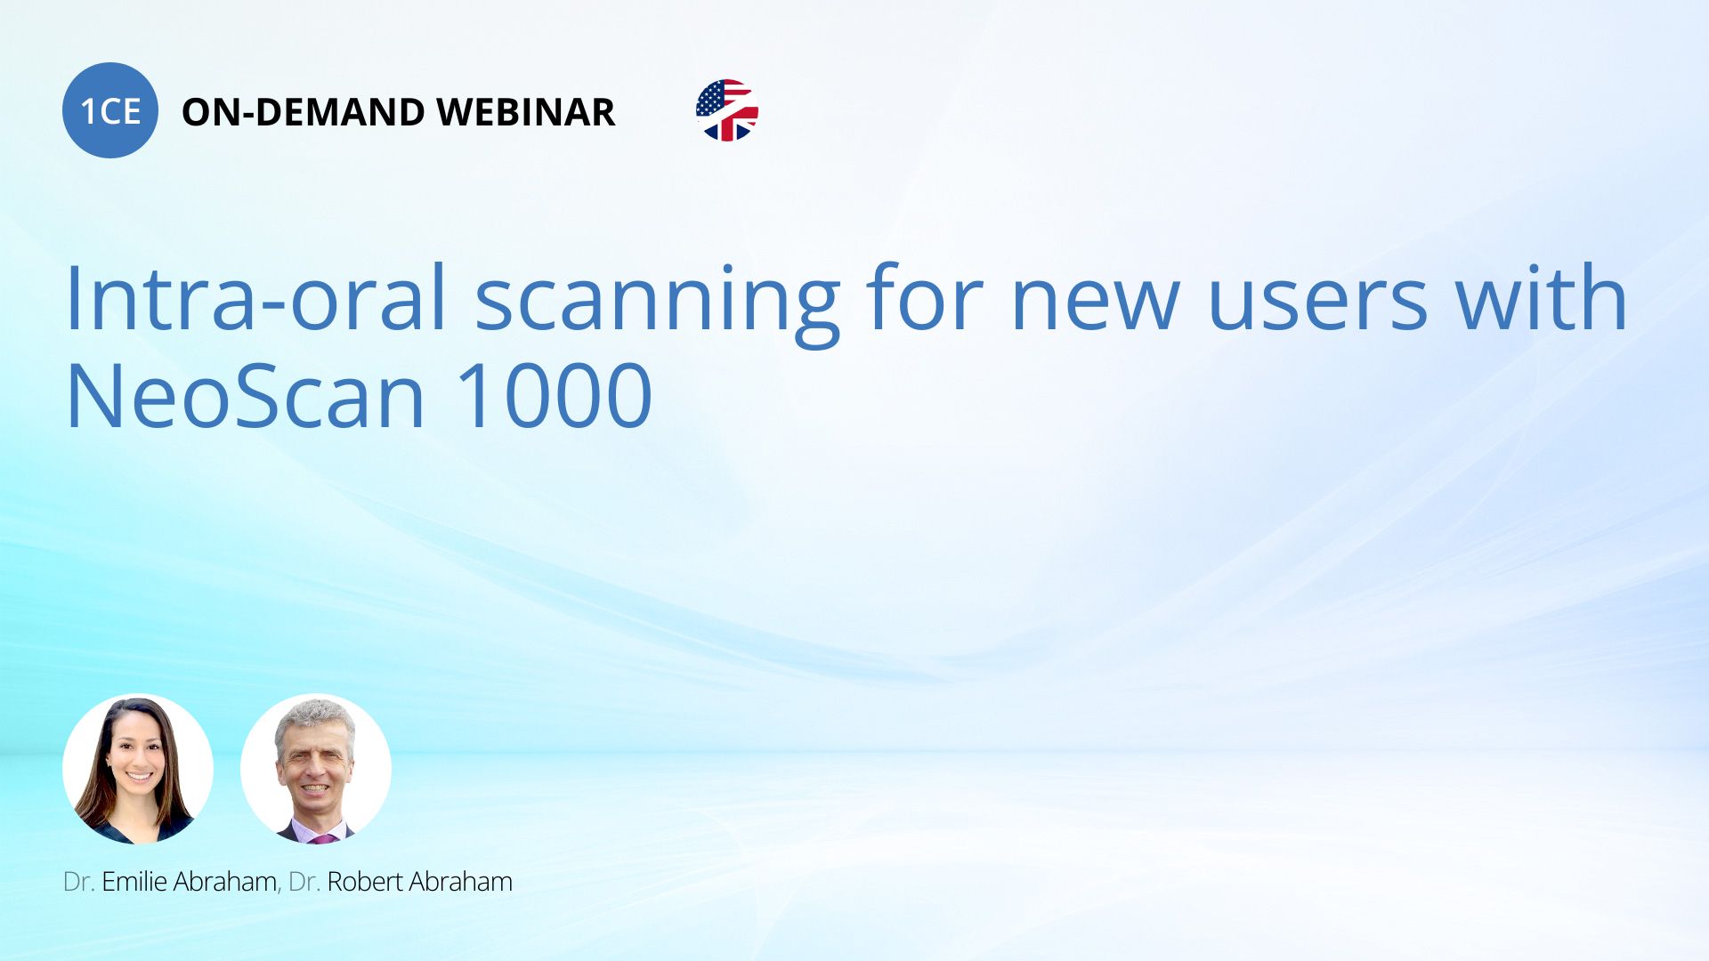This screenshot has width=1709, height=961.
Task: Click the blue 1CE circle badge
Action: (x=110, y=110)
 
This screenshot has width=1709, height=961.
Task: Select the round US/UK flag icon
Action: (x=727, y=110)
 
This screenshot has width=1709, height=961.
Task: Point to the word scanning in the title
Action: (x=657, y=303)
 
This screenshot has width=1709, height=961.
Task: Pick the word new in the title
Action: (x=1095, y=307)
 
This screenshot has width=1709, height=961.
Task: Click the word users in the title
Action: (x=1317, y=307)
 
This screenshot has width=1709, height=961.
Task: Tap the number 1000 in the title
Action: (x=554, y=395)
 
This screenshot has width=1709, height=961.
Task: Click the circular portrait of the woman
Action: (x=138, y=769)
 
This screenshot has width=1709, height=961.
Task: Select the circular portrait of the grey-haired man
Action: (x=316, y=769)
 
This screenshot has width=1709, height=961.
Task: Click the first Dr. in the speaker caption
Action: (x=78, y=882)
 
